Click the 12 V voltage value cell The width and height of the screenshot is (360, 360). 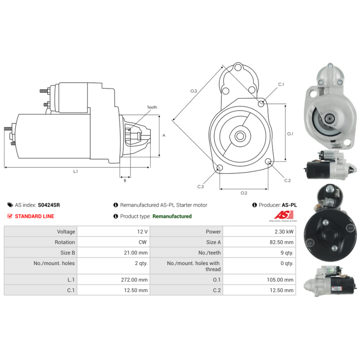pos(142,232)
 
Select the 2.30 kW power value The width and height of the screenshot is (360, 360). pos(284,232)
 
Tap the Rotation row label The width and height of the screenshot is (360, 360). pos(65,242)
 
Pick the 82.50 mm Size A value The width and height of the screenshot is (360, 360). pos(282,242)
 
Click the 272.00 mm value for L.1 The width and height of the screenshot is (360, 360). pos(134,280)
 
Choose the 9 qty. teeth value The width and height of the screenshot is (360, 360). pos(287,253)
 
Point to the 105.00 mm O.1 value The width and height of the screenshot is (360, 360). pos(280,280)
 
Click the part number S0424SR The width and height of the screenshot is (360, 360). pos(49,205)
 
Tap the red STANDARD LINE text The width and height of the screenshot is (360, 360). pos(35,216)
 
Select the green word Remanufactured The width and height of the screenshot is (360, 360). pos(172,216)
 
